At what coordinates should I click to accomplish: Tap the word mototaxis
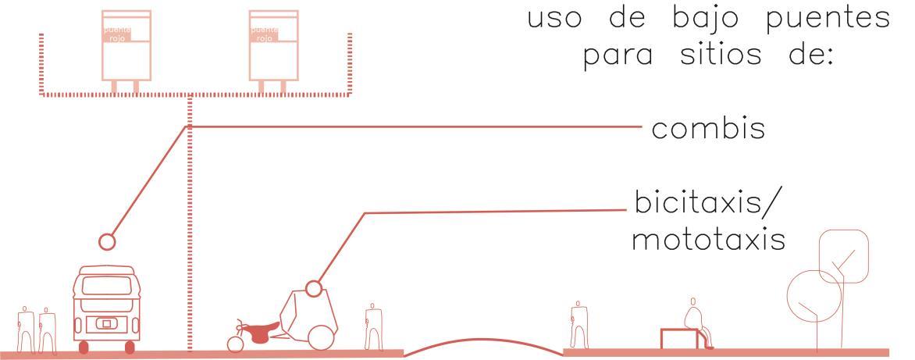point(708,241)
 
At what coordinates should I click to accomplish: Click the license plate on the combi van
point(103,323)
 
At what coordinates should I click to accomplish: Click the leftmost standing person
point(25,328)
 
